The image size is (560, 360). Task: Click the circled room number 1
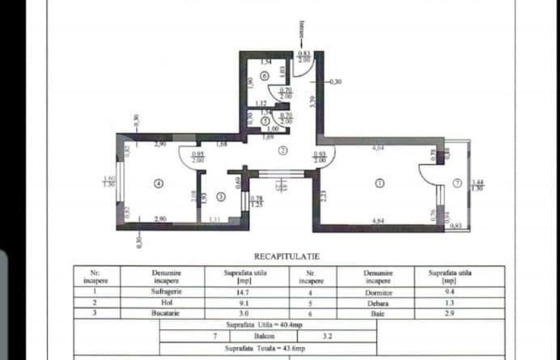(380, 183)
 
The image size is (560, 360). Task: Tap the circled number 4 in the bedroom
(159, 184)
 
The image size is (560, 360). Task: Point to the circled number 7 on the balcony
(457, 183)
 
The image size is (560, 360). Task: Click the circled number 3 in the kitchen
(221, 197)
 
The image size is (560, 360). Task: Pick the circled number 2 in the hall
(282, 150)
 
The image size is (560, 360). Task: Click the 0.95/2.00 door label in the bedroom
(197, 157)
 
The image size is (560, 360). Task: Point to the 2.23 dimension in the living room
(322, 195)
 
